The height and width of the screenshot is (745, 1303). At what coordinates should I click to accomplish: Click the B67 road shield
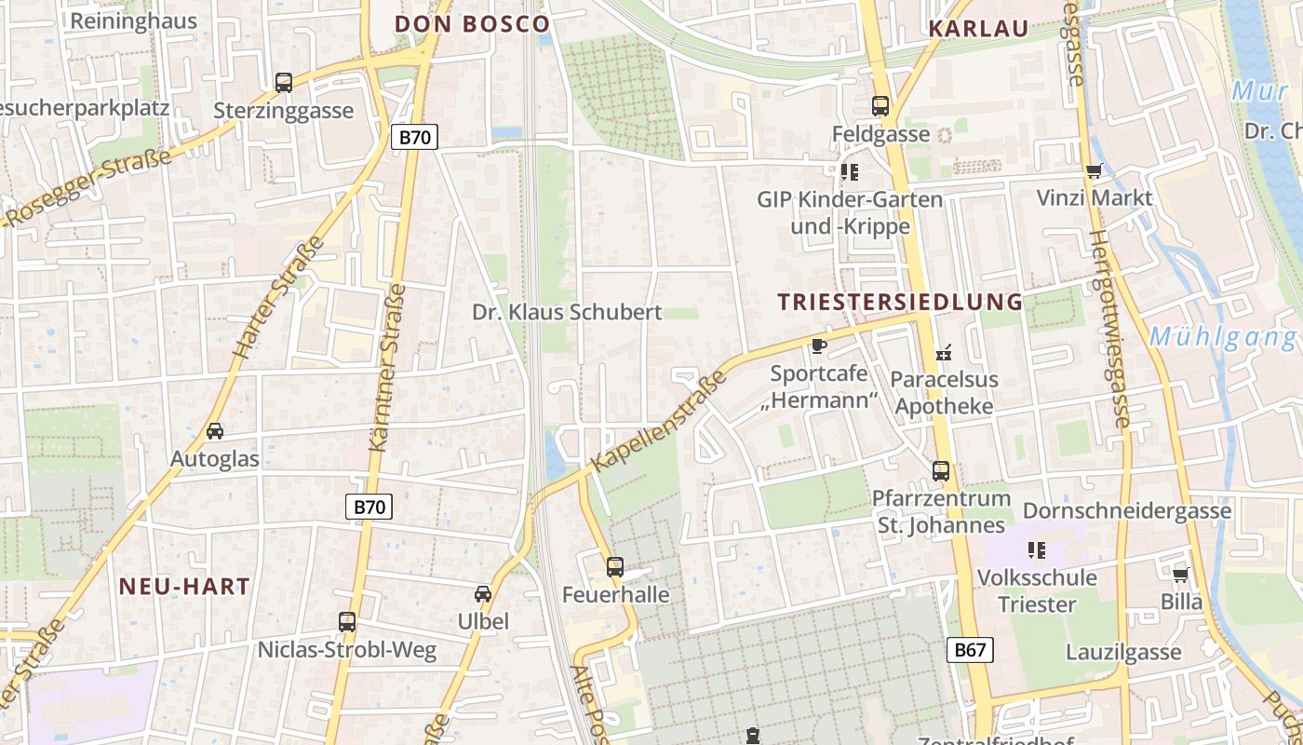[x=970, y=650]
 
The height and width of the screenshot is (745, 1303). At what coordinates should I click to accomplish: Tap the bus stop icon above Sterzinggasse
[x=284, y=83]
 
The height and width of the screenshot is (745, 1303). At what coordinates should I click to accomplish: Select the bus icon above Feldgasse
[x=880, y=106]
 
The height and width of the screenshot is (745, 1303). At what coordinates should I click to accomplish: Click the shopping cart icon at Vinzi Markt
[x=1094, y=170]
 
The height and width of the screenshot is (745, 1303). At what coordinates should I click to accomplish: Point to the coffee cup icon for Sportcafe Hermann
[x=818, y=345]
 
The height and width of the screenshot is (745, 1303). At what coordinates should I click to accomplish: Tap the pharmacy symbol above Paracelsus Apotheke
[x=943, y=352]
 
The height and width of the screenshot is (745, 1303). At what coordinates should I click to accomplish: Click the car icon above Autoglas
[x=215, y=431]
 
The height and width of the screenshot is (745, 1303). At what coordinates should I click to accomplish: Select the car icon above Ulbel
[x=483, y=593]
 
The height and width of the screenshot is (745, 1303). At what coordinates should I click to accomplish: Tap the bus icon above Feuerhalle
[x=614, y=566]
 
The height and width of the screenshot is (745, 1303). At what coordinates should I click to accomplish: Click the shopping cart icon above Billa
[x=1181, y=575]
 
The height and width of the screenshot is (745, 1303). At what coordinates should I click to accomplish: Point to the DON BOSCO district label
[x=473, y=24]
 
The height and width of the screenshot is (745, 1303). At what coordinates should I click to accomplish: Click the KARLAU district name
[x=978, y=29]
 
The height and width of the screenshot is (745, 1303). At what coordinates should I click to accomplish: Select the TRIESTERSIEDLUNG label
[x=900, y=302]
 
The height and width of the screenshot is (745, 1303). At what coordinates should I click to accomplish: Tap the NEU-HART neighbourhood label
[x=185, y=586]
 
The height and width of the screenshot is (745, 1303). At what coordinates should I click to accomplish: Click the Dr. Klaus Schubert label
[x=567, y=312]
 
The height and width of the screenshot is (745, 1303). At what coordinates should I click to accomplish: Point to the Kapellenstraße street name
[x=660, y=421]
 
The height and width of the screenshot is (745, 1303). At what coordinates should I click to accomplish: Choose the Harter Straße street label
[x=278, y=299]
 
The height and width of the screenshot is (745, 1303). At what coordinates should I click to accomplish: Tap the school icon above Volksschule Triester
[x=1036, y=550]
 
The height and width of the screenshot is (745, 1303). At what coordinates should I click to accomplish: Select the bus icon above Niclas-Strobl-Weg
[x=347, y=621]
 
